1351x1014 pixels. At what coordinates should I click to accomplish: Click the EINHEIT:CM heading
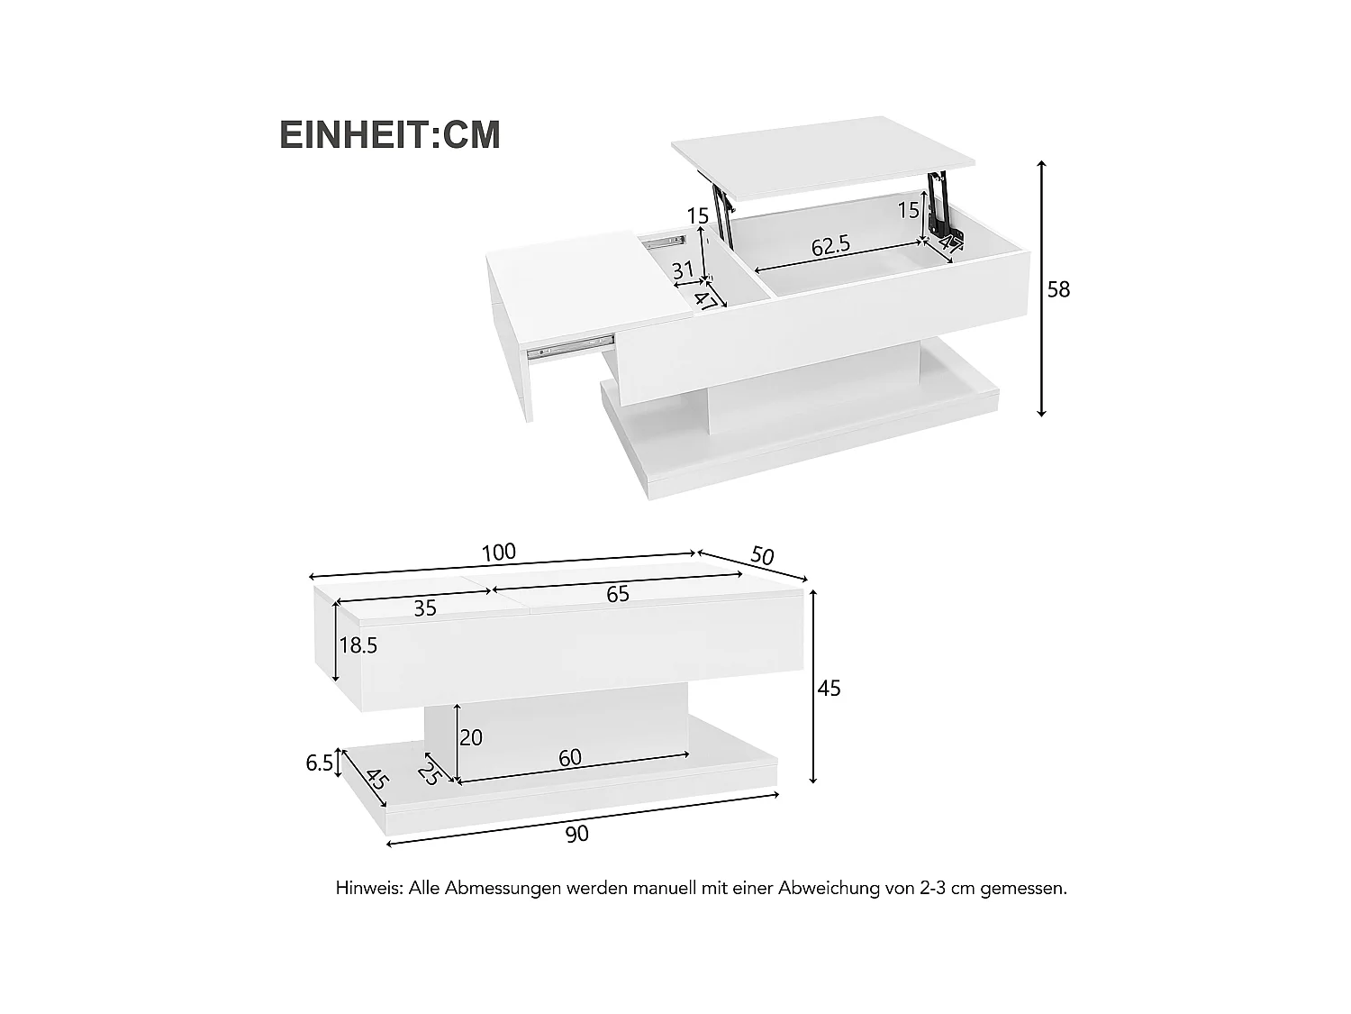[389, 134]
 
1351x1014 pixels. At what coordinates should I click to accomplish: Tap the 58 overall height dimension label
[1059, 289]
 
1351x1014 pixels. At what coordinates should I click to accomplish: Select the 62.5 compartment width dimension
[830, 246]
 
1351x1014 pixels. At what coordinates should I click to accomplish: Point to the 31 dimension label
[683, 269]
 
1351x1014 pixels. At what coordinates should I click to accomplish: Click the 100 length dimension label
[498, 553]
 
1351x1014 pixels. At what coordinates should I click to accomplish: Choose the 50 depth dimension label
[762, 556]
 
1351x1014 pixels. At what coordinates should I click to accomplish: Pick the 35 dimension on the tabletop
[425, 608]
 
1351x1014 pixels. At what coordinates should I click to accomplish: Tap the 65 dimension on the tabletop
[618, 594]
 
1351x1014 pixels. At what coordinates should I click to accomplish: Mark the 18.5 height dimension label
[358, 645]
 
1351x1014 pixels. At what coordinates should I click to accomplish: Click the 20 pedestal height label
[471, 737]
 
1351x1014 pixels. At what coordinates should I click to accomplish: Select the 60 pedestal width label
[570, 758]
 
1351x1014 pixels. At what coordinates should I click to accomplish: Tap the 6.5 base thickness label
[320, 763]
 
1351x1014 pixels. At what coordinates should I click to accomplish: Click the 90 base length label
[577, 834]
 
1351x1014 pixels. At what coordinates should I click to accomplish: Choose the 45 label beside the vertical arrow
[829, 689]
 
